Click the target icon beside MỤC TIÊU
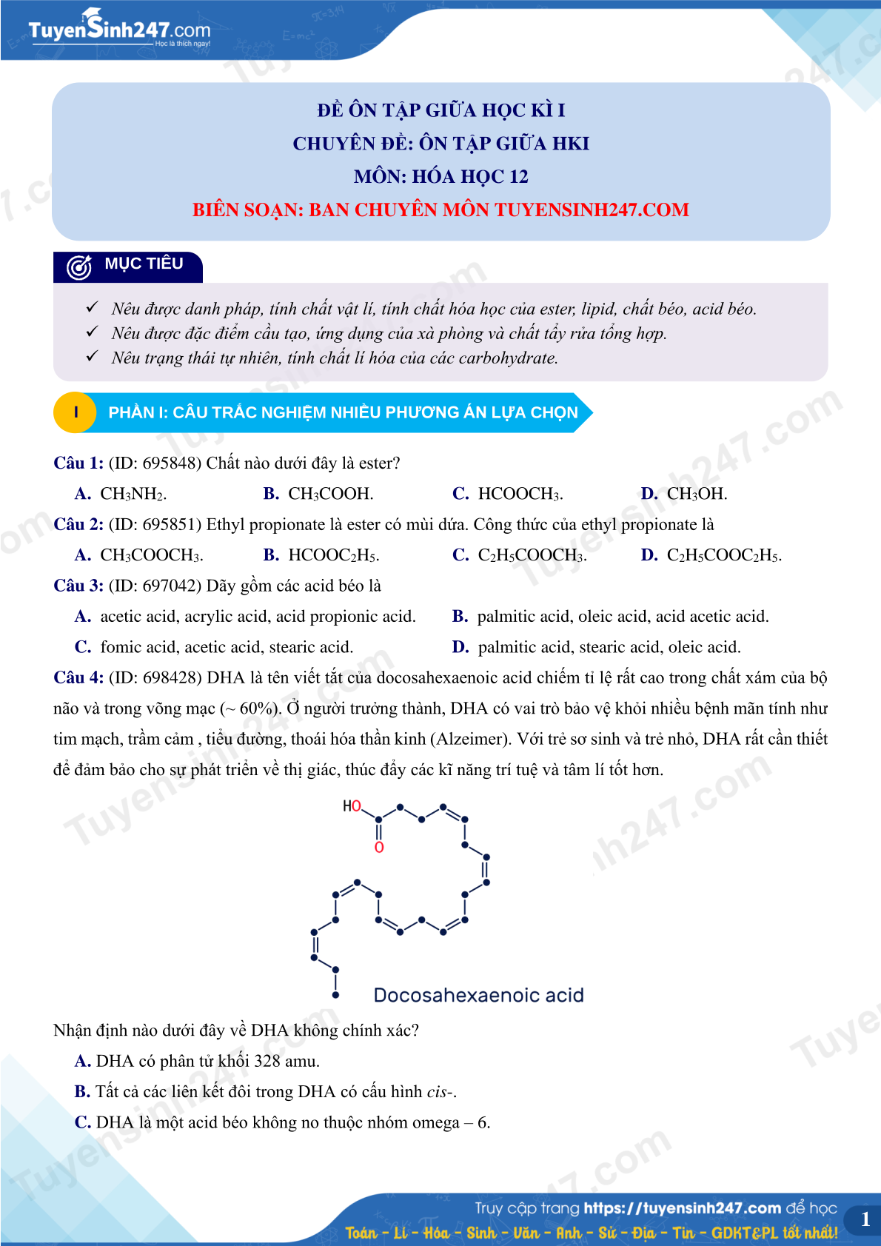tap(79, 267)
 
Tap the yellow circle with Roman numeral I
tap(76, 412)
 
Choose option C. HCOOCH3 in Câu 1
tap(509, 494)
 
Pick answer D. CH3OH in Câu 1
tap(685, 494)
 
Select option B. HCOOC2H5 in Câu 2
tap(322, 555)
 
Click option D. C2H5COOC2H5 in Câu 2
tap(711, 555)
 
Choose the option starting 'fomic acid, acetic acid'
tap(215, 647)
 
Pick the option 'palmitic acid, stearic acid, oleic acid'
tap(597, 647)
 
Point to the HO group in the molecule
tap(352, 806)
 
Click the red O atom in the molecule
tap(379, 848)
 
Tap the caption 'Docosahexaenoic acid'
tap(478, 995)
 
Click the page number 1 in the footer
tap(865, 1219)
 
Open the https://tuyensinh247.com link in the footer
tap(682, 1208)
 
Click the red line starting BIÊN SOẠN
tap(440, 210)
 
